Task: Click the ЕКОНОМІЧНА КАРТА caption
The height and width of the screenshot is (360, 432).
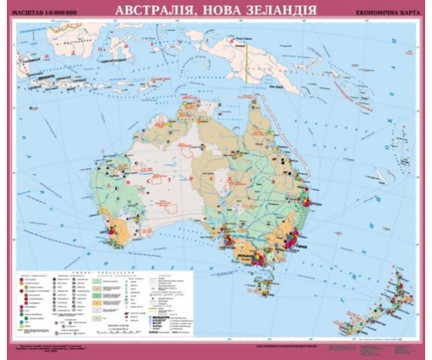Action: [381, 13]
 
